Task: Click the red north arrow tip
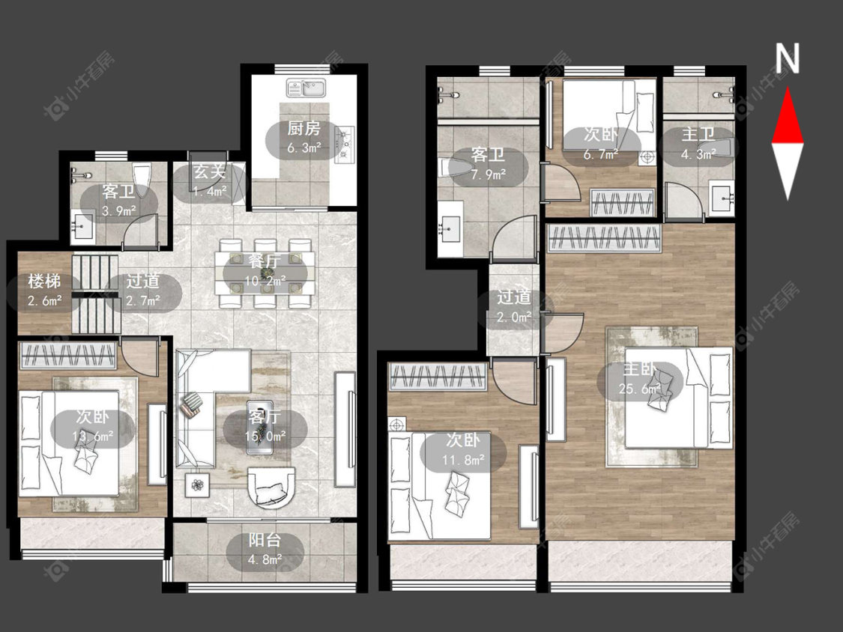tap(788, 88)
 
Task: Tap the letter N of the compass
tap(787, 58)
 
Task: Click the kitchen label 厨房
tap(303, 129)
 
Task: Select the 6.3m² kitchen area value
tap(304, 148)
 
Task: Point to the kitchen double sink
tap(306, 88)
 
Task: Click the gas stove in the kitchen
tap(344, 144)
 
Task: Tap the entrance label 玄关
tap(209, 171)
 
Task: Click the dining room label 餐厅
tap(265, 261)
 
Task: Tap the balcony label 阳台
tap(265, 541)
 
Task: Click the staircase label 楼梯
tap(44, 281)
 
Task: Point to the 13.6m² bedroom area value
tap(92, 437)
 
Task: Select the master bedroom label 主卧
tap(640, 369)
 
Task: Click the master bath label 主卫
tap(698, 134)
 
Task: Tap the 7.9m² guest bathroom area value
tap(488, 174)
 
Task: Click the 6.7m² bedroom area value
tap(601, 155)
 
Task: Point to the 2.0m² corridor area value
tap(514, 317)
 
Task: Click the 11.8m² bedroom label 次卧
tap(463, 440)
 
